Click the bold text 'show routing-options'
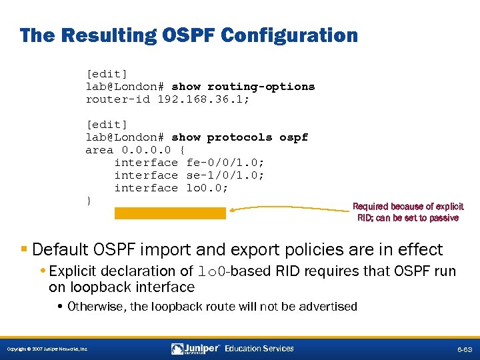(243, 87)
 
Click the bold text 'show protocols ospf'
(240, 137)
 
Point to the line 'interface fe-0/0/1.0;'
(189, 163)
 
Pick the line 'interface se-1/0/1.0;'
(189, 175)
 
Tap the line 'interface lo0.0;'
(171, 188)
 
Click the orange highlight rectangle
(170, 213)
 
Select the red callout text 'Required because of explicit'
(408, 207)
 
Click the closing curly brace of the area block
(89, 201)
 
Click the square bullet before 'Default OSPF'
(24, 250)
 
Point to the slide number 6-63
(464, 349)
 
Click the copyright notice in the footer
(47, 349)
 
